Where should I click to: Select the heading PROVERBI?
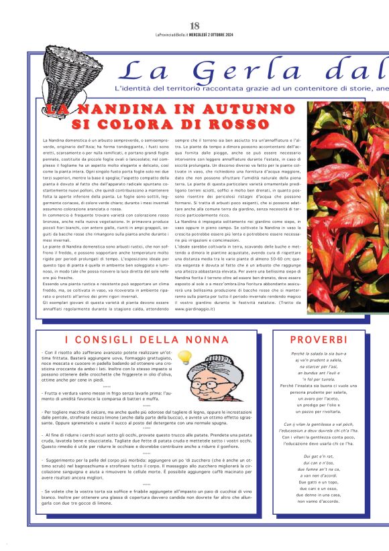(318, 339)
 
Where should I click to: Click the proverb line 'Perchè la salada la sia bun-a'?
(318, 353)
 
